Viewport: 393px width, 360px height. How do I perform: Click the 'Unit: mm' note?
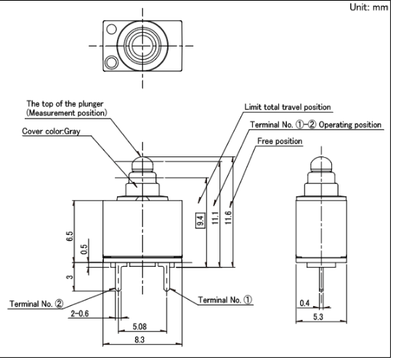pyautogui.click(x=369, y=7)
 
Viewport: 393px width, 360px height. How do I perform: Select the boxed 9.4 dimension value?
pyautogui.click(x=201, y=220)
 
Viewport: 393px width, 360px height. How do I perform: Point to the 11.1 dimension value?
pyautogui.click(x=216, y=217)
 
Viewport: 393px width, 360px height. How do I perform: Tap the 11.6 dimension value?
pyautogui.click(x=228, y=217)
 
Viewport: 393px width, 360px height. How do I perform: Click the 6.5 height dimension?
pyautogui.click(x=70, y=236)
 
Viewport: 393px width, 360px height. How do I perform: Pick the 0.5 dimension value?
pyautogui.click(x=84, y=249)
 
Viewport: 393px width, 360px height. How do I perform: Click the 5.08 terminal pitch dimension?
pyautogui.click(x=139, y=327)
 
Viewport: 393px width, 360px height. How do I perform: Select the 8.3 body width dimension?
pyautogui.click(x=139, y=340)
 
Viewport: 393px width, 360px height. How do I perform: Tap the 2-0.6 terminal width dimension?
pyautogui.click(x=80, y=313)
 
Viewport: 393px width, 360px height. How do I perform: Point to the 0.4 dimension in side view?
pyautogui.click(x=304, y=303)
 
